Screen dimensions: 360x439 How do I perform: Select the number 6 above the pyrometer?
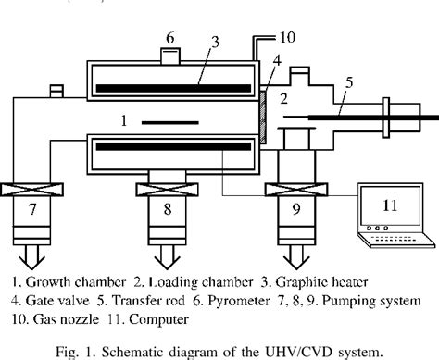(169, 38)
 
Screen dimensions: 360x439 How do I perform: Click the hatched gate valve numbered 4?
(264, 117)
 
